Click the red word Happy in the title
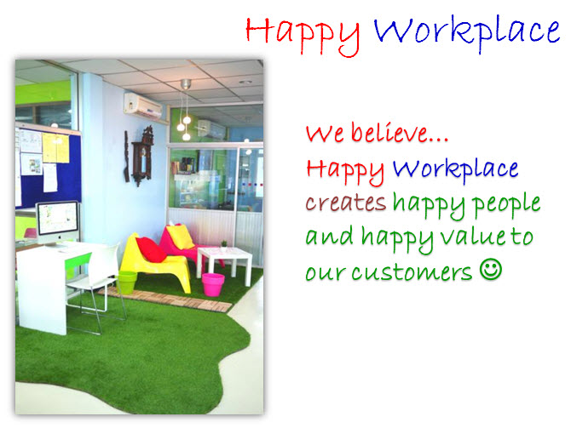303,36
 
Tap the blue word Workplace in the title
467,33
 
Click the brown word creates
346,202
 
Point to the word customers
412,272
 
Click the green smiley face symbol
491,269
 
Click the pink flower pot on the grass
213,284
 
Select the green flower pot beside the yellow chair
126,282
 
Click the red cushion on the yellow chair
151,249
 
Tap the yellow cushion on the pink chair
181,237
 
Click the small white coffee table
224,264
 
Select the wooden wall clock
142,156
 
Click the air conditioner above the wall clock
143,106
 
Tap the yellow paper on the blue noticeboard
55,148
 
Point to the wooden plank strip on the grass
165,299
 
